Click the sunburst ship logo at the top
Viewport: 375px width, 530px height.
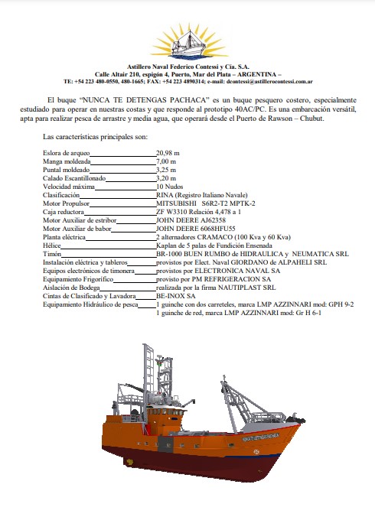pyautogui.click(x=188, y=41)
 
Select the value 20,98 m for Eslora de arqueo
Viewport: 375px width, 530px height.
pyautogui.click(x=168, y=153)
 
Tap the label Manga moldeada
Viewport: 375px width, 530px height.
pyautogui.click(x=67, y=161)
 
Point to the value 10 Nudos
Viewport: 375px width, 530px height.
pyautogui.click(x=169, y=187)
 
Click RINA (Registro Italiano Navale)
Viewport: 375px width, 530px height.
pyautogui.click(x=202, y=195)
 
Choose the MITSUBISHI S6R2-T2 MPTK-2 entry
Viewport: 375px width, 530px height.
pyautogui.click(x=206, y=203)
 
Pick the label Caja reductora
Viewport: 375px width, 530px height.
pyautogui.click(x=64, y=212)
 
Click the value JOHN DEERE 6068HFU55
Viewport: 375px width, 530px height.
pyautogui.click(x=195, y=229)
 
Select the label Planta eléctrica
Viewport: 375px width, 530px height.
pyautogui.click(x=64, y=237)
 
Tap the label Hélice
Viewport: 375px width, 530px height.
pyautogui.click(x=52, y=245)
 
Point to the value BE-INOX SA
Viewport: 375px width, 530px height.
pyautogui.click(x=176, y=296)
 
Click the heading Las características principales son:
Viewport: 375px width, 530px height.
pyautogui.click(x=95, y=137)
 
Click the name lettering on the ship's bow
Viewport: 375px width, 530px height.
pyautogui.click(x=261, y=437)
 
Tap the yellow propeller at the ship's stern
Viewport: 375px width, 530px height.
pyautogui.click(x=129, y=462)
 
